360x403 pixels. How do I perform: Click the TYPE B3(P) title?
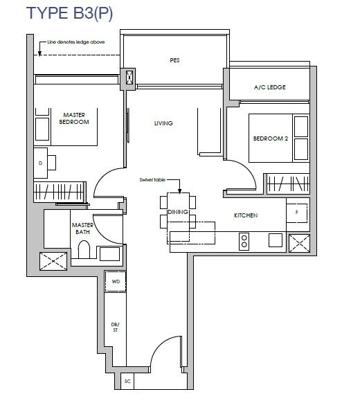click(69, 13)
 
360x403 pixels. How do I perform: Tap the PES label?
click(174, 60)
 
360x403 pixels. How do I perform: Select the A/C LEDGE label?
click(270, 87)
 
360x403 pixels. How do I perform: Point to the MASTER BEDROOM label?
click(74, 118)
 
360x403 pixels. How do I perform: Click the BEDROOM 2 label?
click(271, 138)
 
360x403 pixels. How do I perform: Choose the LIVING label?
click(163, 123)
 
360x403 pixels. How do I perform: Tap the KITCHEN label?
click(246, 215)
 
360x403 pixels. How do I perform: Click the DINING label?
click(178, 212)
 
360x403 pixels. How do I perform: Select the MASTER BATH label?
click(82, 229)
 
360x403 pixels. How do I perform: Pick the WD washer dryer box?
click(116, 281)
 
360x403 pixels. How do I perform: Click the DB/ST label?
click(116, 328)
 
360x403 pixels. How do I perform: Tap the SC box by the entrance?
click(127, 381)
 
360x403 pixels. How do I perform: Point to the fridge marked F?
click(297, 213)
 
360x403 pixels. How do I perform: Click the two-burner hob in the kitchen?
click(244, 242)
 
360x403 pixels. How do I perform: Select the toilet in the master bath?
click(84, 249)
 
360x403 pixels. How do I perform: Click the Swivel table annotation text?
click(152, 180)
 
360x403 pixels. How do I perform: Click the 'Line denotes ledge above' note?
click(75, 42)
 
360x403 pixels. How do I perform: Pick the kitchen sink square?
click(276, 240)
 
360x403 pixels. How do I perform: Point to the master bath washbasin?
click(109, 254)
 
